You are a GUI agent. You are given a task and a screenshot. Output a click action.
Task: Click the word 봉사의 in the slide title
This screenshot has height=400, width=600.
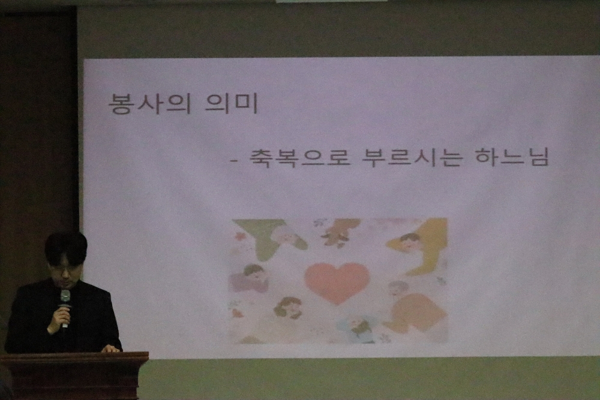click(149, 103)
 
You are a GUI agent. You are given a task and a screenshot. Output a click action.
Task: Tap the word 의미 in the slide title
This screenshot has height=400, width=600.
click(232, 103)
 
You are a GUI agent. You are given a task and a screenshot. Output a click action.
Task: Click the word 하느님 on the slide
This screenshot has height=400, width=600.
click(511, 157)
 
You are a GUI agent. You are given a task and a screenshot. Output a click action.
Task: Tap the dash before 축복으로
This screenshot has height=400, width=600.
click(234, 161)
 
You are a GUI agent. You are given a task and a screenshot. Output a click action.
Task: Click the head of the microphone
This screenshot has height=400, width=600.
click(65, 296)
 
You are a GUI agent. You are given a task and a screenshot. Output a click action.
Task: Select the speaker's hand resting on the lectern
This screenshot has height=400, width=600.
click(111, 349)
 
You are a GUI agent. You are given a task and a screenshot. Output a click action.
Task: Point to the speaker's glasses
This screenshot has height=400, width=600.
click(66, 272)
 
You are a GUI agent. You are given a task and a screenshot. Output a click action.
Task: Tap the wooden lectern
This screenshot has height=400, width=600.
click(74, 375)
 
